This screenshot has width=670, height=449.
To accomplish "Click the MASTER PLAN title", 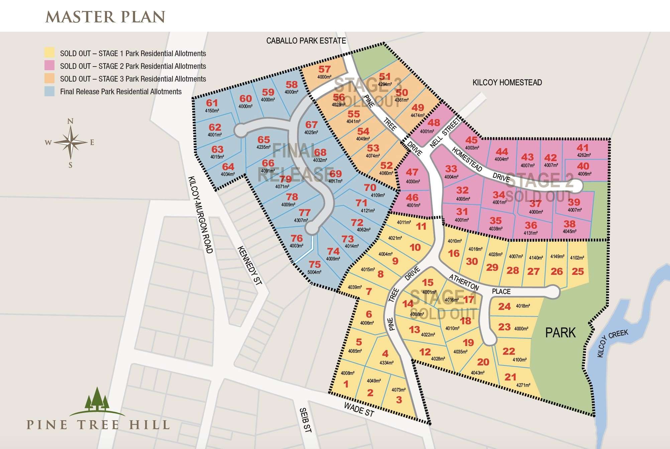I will tap(105, 17).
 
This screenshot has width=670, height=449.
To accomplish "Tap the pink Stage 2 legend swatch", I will tap(49, 66).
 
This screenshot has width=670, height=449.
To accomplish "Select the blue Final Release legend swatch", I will tap(49, 91).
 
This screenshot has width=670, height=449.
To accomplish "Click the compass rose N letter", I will tap(70, 121).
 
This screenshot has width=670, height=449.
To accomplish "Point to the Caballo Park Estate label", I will tap(306, 41).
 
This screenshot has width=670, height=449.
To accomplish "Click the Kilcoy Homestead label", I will tap(507, 83).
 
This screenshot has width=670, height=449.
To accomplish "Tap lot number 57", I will tap(324, 69).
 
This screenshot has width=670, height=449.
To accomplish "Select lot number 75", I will tap(315, 264).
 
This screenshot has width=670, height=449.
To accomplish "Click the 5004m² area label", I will tap(314, 272).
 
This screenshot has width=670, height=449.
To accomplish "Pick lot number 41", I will tap(582, 147).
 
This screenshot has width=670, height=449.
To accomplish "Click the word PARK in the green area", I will tap(560, 333).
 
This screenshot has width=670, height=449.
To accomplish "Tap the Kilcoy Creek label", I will tap(612, 343).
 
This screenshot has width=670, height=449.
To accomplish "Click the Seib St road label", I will tap(305, 420).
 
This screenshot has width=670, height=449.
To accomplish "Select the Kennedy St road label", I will tap(249, 265).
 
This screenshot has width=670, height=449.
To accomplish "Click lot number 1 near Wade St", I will tap(346, 384).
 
